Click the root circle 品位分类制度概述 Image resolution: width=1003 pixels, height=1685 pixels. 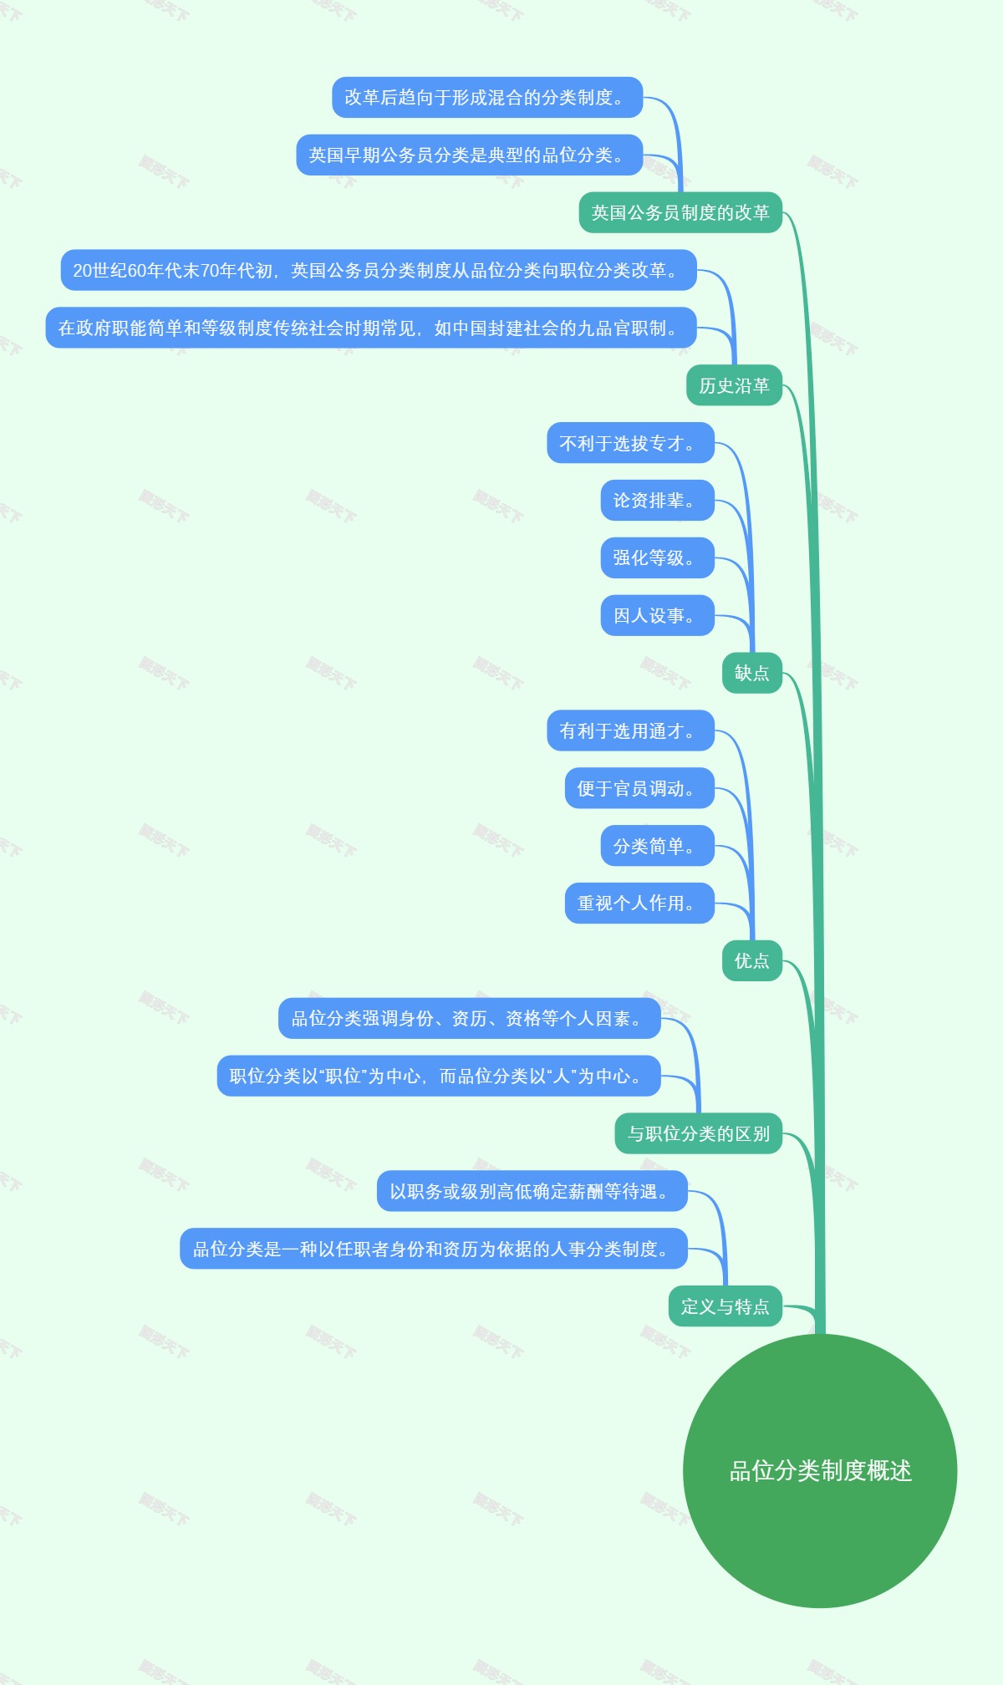[x=820, y=1470]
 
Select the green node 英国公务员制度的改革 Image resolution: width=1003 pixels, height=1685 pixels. [x=680, y=213]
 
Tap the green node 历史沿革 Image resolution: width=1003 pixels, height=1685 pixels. [x=734, y=385]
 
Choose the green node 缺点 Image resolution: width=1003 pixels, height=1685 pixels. [x=751, y=673]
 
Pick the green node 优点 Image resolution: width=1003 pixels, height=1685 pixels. [x=751, y=960]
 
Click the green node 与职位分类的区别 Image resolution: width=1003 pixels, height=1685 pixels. [x=699, y=1133]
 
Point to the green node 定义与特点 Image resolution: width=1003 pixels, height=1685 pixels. [x=725, y=1306]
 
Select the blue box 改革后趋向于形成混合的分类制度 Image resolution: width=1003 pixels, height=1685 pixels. [x=487, y=98]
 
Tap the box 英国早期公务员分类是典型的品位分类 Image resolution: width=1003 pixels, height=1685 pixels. [x=469, y=155]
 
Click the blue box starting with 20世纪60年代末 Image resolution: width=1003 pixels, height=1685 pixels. [x=378, y=270]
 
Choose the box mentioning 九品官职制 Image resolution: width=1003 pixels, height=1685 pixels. [x=370, y=328]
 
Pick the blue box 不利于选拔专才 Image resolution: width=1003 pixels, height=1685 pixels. [x=630, y=443]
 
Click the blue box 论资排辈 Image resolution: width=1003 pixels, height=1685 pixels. [x=657, y=501]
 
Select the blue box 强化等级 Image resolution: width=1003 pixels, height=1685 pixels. [x=657, y=557]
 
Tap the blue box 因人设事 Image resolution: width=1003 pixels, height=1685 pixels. [x=657, y=615]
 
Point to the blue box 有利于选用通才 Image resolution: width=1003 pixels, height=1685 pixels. [x=630, y=731]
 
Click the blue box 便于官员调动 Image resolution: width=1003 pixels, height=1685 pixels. [x=639, y=788]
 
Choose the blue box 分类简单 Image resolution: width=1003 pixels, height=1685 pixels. [x=657, y=846]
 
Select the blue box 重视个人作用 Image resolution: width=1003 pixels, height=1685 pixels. [x=639, y=903]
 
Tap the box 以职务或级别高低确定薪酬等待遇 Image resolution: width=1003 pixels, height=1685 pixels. [x=532, y=1191]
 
